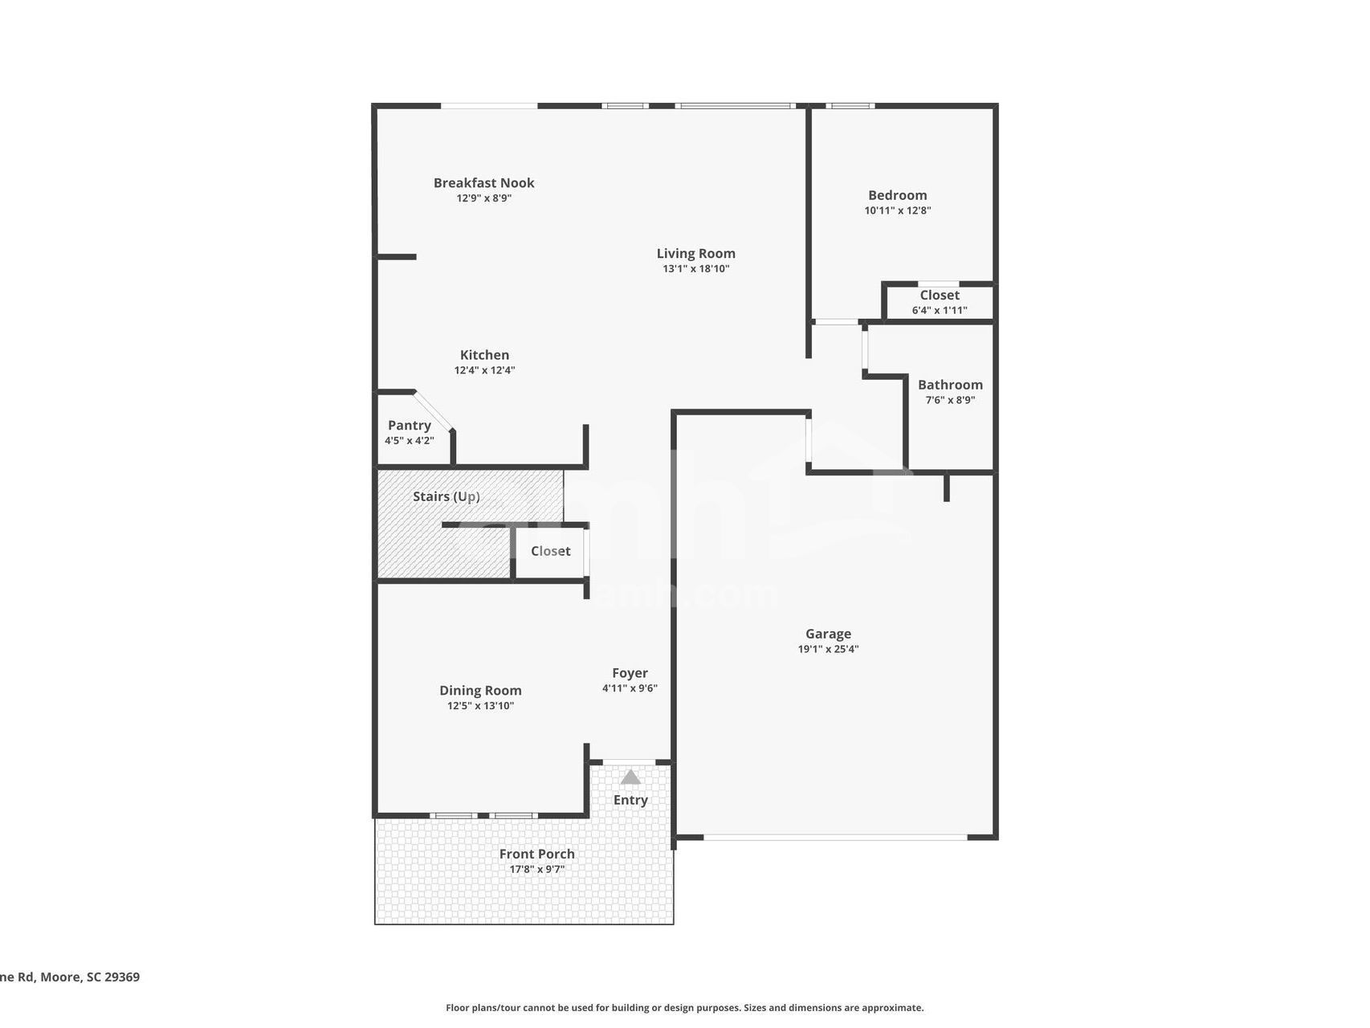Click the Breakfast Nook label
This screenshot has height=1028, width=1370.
(483, 183)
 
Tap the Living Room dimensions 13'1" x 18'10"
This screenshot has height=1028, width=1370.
(695, 269)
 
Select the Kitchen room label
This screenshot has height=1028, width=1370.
(484, 355)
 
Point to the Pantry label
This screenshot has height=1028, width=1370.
(410, 426)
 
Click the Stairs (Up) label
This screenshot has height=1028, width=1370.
(446, 496)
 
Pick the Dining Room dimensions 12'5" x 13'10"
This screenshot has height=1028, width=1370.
(480, 706)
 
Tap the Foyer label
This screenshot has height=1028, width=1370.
(630, 673)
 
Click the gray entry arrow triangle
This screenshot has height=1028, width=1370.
(630, 777)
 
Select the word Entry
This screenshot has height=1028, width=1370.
(630, 800)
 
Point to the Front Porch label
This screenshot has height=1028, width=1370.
(536, 854)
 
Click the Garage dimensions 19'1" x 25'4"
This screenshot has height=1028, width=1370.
(828, 649)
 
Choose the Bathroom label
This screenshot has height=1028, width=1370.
(950, 385)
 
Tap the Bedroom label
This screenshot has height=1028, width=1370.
(897, 195)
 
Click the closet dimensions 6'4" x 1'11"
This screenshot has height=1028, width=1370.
(940, 310)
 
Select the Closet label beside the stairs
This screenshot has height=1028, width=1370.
(550, 551)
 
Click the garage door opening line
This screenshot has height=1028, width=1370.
(835, 838)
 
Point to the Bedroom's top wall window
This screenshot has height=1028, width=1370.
(850, 105)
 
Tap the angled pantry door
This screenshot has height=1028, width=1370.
(434, 410)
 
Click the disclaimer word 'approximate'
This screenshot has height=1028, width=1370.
(894, 1008)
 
